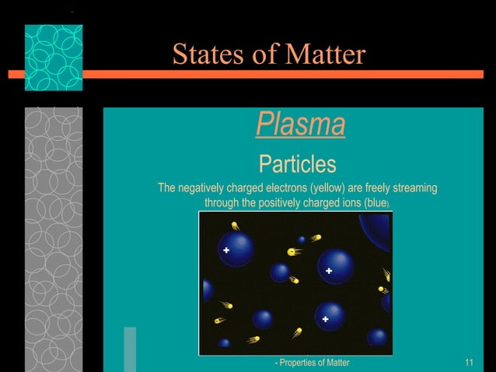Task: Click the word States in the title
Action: click(204, 54)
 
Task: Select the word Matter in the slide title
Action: click(325, 54)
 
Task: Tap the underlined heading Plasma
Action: click(300, 124)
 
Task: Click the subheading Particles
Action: click(297, 164)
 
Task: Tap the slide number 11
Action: click(469, 363)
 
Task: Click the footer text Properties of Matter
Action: click(313, 363)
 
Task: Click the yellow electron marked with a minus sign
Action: click(294, 251)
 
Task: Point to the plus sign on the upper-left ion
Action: click(226, 251)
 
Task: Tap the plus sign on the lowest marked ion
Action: click(326, 319)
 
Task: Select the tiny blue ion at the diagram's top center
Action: click(302, 240)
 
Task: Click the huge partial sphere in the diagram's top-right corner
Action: click(378, 225)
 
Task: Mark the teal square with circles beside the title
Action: click(53, 58)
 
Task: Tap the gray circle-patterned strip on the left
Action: click(53, 233)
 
